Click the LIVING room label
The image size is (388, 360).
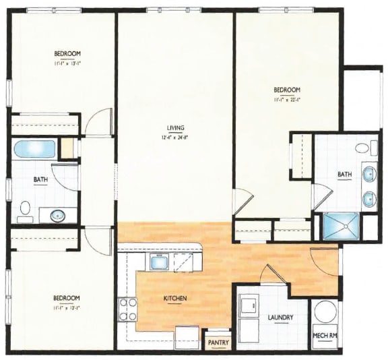click(176, 128)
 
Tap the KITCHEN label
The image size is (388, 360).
click(174, 298)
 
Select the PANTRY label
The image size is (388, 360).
click(218, 342)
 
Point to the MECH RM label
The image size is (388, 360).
click(325, 335)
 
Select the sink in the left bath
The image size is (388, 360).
click(55, 216)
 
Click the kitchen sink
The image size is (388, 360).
click(160, 262)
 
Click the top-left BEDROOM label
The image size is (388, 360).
click(67, 54)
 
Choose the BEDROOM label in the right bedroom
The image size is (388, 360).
click(286, 90)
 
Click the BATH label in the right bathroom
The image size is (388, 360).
click(344, 175)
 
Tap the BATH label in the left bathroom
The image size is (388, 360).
click(40, 179)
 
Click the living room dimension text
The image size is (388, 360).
click(176, 138)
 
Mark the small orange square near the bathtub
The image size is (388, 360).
click(67, 148)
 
